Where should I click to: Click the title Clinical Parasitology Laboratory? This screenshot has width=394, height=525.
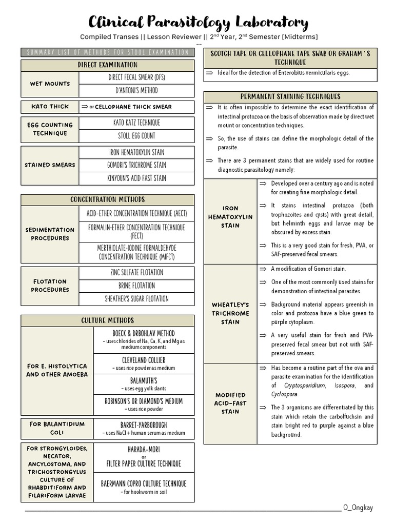point(198,22)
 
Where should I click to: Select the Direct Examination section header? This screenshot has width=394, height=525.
point(107,65)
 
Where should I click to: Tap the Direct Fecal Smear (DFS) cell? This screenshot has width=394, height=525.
point(136,77)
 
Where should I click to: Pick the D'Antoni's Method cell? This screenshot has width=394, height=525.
point(136,91)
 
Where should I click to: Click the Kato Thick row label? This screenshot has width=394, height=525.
point(50,107)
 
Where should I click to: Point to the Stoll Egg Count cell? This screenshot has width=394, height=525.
point(136,136)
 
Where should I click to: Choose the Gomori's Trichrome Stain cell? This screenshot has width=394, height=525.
point(136,165)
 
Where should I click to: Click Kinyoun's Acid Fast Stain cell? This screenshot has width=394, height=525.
point(136,178)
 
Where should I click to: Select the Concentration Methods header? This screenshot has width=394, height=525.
point(107,199)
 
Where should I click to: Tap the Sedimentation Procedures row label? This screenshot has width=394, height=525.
point(50,234)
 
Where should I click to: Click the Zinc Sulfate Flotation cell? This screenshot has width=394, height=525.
point(136,272)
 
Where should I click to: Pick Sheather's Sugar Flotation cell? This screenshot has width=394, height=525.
point(136,299)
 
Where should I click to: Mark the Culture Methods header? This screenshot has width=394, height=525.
point(107,320)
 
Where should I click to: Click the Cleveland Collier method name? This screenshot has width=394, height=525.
point(144,360)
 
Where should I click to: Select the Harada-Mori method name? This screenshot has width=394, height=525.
point(144,449)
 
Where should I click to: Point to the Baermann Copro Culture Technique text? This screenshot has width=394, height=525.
point(144,483)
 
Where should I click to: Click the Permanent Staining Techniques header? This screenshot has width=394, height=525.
point(290,96)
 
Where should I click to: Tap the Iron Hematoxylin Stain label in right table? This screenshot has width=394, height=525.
point(230,217)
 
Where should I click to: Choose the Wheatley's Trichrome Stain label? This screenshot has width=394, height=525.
point(230,313)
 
